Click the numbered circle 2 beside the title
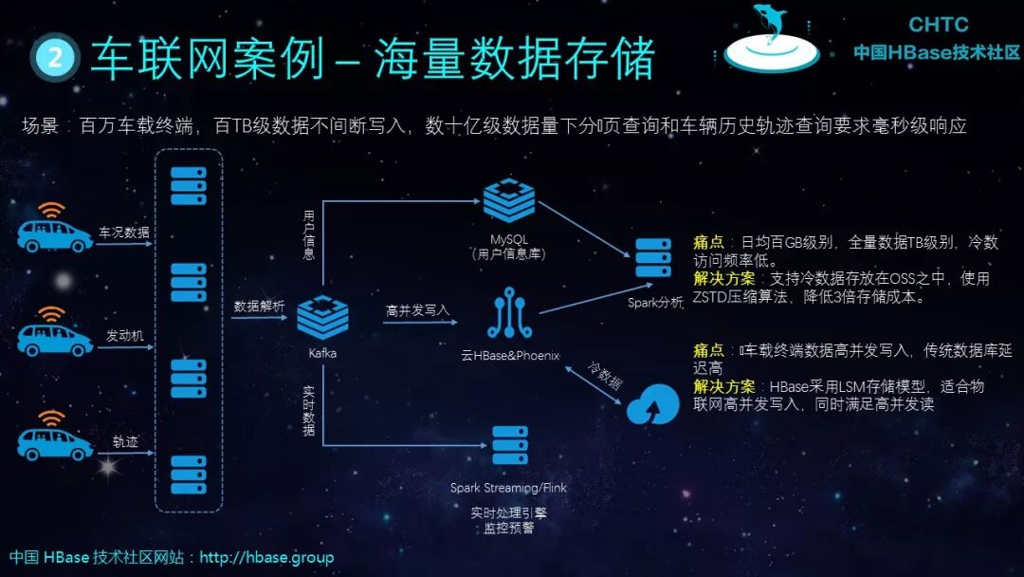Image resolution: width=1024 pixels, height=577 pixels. pyautogui.click(x=54, y=59)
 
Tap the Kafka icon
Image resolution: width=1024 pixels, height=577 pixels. pyautogui.click(x=322, y=317)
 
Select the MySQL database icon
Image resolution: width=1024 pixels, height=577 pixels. pyautogui.click(x=509, y=200)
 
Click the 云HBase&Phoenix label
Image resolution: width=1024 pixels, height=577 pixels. pyautogui.click(x=509, y=356)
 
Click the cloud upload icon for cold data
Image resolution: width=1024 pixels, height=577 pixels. pyautogui.click(x=652, y=405)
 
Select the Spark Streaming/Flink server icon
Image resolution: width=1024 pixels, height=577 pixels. pyautogui.click(x=509, y=446)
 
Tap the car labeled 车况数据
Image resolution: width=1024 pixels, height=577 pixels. pyautogui.click(x=55, y=233)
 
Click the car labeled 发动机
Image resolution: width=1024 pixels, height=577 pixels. pyautogui.click(x=55, y=337)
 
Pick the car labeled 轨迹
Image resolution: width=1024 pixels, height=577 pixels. pyautogui.click(x=55, y=441)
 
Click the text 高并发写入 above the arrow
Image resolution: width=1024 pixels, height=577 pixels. pyautogui.click(x=417, y=310)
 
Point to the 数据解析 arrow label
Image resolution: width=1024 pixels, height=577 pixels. pyautogui.click(x=259, y=307)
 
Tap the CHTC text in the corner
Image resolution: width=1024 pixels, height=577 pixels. pyautogui.click(x=938, y=25)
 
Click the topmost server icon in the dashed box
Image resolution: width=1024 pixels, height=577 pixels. pyautogui.click(x=188, y=186)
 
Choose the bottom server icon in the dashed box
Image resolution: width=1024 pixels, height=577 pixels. pyautogui.click(x=188, y=475)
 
